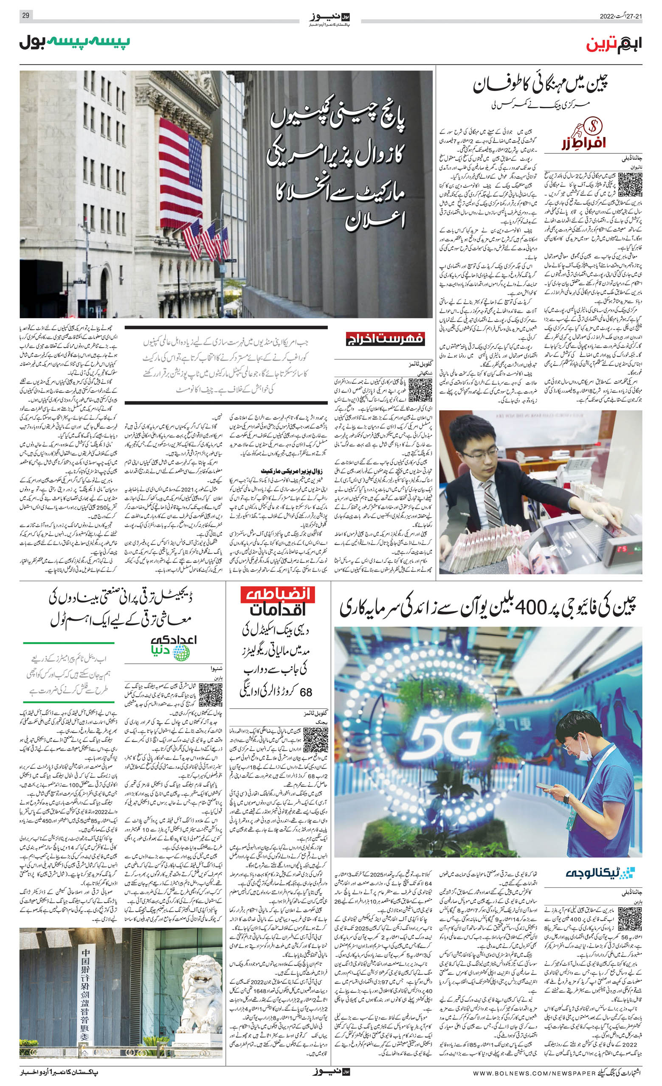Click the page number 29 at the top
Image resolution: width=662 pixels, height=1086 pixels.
point(25,16)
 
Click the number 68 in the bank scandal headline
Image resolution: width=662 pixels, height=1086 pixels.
point(305,693)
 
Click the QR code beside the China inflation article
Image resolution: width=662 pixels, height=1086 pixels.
point(630,185)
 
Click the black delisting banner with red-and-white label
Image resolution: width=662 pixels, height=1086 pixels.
point(385,339)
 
